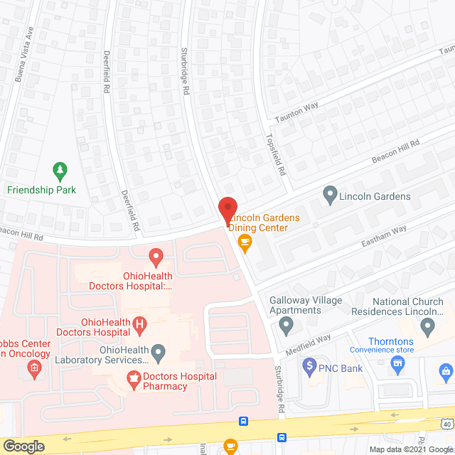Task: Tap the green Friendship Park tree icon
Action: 60,171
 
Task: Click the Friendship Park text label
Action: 41,190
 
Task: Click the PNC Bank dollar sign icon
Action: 309,368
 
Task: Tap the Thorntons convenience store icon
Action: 398,363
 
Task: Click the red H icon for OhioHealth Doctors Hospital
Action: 140,326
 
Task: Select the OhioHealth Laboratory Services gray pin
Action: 159,351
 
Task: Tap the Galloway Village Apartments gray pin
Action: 286,326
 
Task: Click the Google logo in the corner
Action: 23,446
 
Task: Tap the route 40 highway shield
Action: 446,424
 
